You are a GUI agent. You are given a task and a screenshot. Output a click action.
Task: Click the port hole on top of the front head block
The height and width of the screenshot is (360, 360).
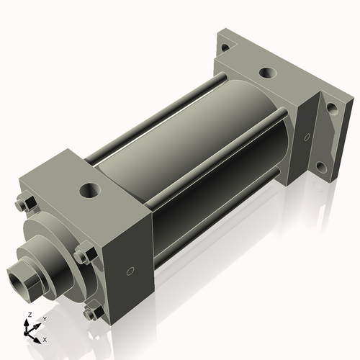[x=91, y=191]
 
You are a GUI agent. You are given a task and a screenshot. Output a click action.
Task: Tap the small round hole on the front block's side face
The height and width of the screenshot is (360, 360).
[x=130, y=271]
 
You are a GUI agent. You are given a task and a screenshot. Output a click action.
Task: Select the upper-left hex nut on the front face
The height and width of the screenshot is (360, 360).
[x=22, y=204]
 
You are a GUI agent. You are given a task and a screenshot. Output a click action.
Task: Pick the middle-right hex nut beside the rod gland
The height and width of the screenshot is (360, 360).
[x=84, y=255]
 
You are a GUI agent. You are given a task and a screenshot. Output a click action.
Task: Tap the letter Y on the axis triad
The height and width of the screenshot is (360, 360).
[x=45, y=318]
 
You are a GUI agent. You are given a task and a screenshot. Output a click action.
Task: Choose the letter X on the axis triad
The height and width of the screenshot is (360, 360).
[x=45, y=338]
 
